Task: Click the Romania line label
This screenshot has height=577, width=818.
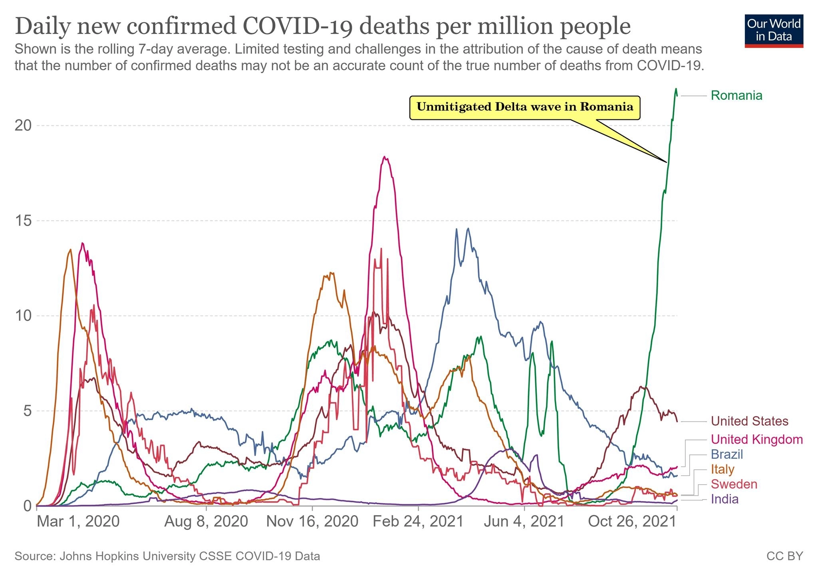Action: (736, 95)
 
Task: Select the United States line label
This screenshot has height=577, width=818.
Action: (749, 421)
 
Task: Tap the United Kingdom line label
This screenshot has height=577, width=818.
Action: (756, 439)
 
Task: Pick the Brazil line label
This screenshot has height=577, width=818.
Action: (727, 454)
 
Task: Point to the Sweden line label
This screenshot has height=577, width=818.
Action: (734, 484)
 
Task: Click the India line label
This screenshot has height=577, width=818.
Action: (724, 499)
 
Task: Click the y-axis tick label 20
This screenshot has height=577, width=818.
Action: (23, 126)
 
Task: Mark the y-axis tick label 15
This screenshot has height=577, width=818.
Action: (23, 221)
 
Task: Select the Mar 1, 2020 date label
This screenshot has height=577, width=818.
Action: (78, 521)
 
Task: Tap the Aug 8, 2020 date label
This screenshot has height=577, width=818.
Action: (206, 521)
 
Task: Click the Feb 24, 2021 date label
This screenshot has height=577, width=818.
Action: (418, 521)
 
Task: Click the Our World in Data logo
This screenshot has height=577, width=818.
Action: (774, 30)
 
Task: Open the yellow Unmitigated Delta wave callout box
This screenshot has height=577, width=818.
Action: (524, 107)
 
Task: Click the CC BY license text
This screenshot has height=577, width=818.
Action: (784, 556)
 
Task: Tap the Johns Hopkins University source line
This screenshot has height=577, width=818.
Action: (167, 556)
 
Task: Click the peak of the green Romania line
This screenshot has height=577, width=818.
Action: (676, 89)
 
